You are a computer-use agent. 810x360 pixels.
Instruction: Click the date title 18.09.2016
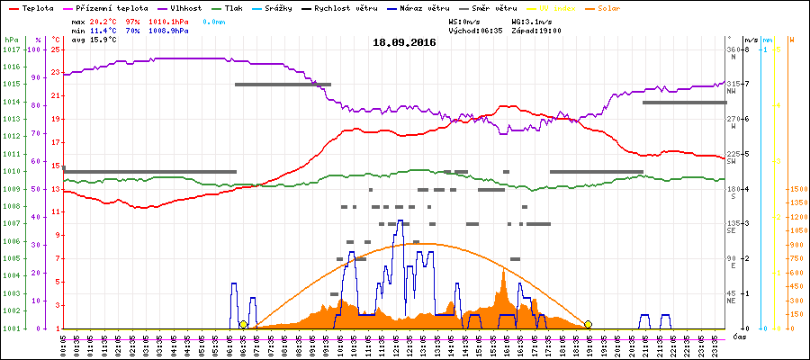pos(404,41)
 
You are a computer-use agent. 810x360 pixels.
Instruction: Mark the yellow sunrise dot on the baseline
pos(243,324)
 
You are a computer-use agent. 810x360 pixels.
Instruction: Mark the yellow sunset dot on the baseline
pos(588,324)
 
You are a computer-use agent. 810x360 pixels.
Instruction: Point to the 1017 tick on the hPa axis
pos(10,49)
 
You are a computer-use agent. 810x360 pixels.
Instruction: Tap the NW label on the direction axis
pos(733,91)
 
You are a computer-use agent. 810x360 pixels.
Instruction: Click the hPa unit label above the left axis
pos(10,40)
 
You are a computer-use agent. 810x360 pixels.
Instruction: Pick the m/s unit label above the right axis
pos(766,40)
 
